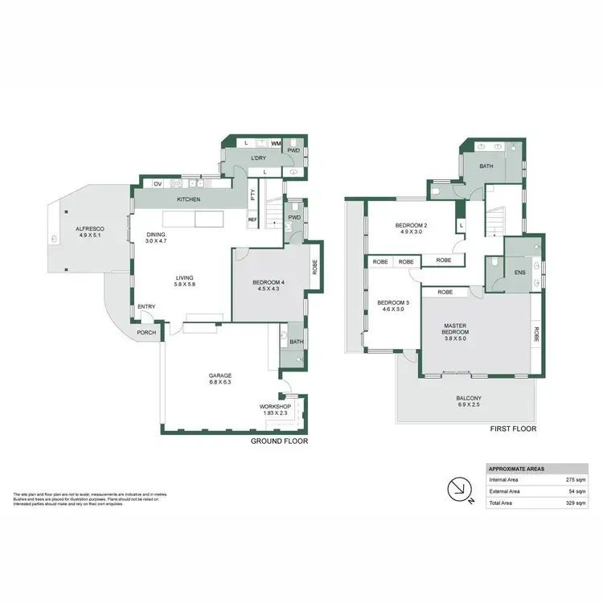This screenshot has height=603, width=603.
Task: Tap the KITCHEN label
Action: tap(189, 199)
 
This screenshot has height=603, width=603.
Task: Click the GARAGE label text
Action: tap(220, 375)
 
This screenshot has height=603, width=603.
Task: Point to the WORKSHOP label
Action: tap(274, 408)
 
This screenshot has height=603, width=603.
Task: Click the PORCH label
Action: tap(146, 333)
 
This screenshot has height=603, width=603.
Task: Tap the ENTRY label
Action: tap(146, 306)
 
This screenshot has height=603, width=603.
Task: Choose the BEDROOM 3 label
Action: tap(393, 302)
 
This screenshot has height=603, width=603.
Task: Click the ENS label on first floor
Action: tap(520, 273)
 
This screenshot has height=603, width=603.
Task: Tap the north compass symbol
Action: tap(457, 488)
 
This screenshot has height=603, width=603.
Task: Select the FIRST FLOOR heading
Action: tap(513, 429)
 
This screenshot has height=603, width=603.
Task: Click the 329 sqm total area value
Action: tap(576, 503)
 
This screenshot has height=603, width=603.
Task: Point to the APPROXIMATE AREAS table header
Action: tap(517, 469)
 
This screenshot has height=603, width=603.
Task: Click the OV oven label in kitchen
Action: tap(158, 183)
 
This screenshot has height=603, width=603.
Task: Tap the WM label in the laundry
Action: tap(276, 143)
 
